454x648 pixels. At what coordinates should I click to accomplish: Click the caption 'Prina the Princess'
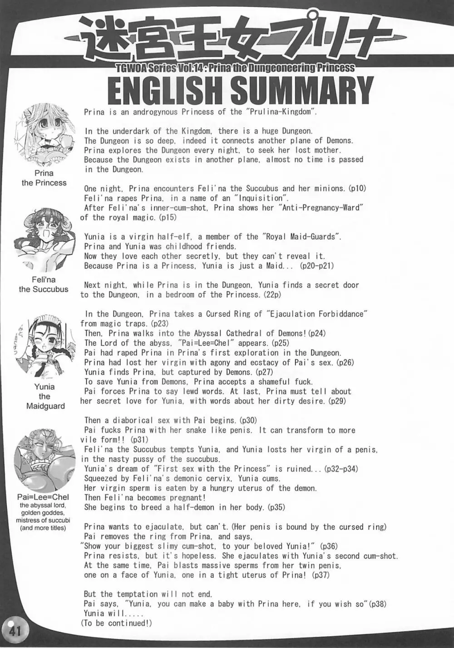coord(44,178)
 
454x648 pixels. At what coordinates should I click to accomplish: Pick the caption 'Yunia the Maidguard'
coord(44,396)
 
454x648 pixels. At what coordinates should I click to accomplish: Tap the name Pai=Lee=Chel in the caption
coord(44,497)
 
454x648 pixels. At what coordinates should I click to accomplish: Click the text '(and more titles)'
coord(44,528)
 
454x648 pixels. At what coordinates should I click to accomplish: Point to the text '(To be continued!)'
coord(117,623)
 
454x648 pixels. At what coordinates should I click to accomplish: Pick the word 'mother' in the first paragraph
coord(326,150)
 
